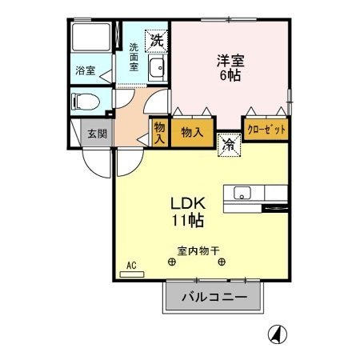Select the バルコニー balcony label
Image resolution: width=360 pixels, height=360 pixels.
click(x=214, y=298)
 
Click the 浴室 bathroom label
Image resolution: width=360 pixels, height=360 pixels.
click(x=86, y=70)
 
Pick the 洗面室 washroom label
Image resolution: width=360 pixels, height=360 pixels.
click(x=134, y=58)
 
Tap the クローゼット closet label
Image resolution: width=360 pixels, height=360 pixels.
click(x=266, y=129)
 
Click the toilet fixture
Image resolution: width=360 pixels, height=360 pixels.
click(x=85, y=102)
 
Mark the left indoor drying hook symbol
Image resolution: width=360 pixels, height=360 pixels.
click(x=171, y=262)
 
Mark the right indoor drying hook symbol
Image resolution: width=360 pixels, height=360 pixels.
click(x=222, y=262)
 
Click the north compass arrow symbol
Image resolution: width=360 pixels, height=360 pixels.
click(x=275, y=334)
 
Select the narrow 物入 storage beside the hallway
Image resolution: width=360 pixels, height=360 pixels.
click(x=158, y=133)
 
